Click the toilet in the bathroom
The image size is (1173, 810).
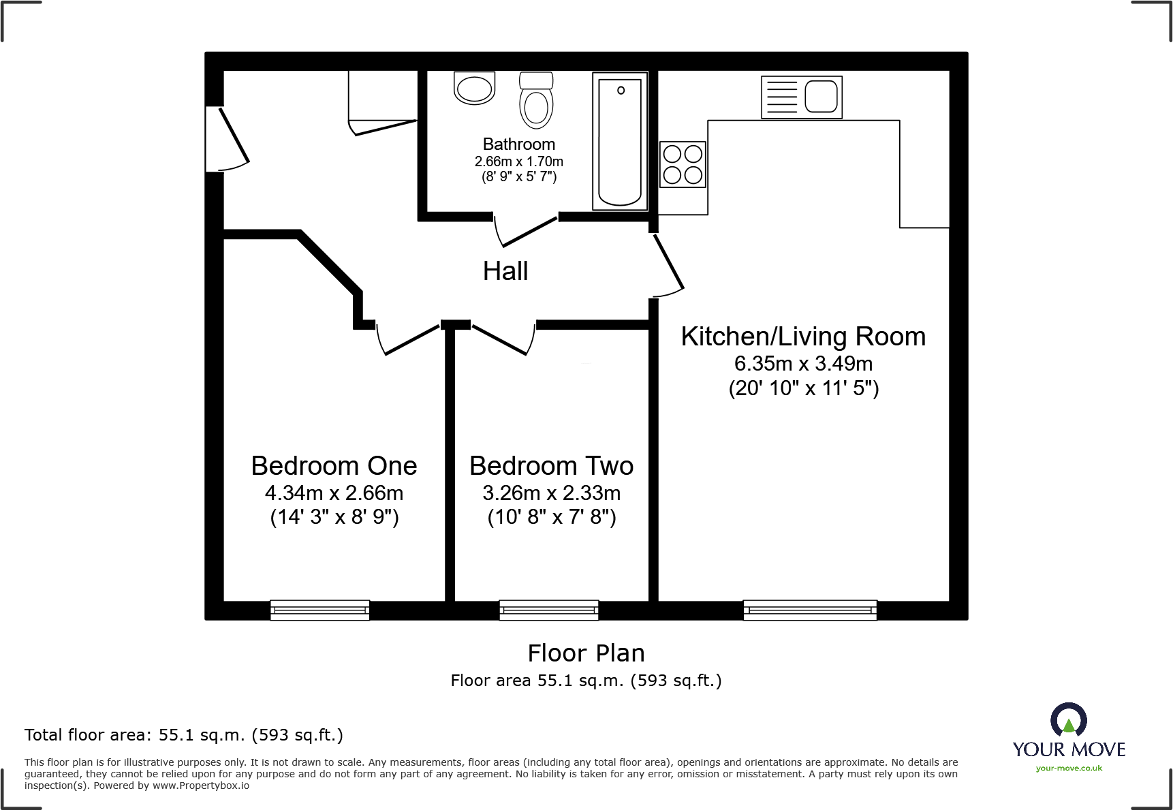pyautogui.click(x=536, y=102)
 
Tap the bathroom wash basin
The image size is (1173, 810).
pyautogui.click(x=474, y=89)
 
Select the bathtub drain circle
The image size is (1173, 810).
pyautogui.click(x=621, y=91)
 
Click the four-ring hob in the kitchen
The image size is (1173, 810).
pyautogui.click(x=683, y=164)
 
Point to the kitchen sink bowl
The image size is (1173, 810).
pyautogui.click(x=820, y=97)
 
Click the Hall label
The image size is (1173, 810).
pyautogui.click(x=505, y=271)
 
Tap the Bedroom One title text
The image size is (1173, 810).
pyautogui.click(x=334, y=466)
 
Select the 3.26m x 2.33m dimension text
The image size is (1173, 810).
pyautogui.click(x=552, y=493)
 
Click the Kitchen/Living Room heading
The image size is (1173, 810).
pyautogui.click(x=803, y=337)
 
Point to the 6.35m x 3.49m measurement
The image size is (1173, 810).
pyautogui.click(x=803, y=363)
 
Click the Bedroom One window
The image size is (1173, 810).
pyautogui.click(x=319, y=610)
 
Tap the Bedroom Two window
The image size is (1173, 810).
pyautogui.click(x=548, y=610)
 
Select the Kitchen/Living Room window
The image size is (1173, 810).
pyautogui.click(x=809, y=610)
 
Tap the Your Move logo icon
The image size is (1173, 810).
pyautogui.click(x=1068, y=721)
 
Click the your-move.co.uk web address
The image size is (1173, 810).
pyautogui.click(x=1069, y=768)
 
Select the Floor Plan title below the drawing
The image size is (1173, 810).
pyautogui.click(x=586, y=653)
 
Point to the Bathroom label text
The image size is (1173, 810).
pyautogui.click(x=519, y=144)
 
